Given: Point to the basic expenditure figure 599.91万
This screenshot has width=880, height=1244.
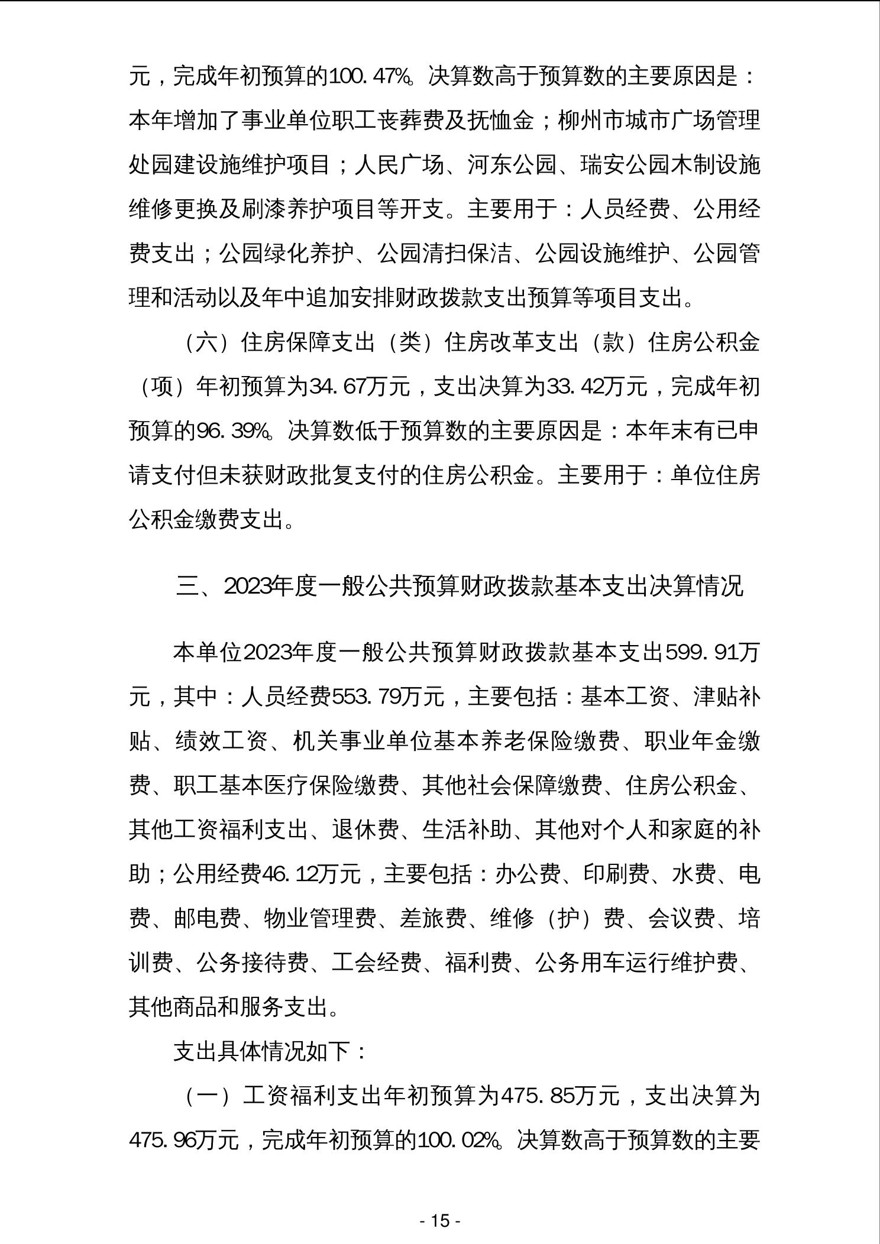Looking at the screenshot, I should pos(712,653).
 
